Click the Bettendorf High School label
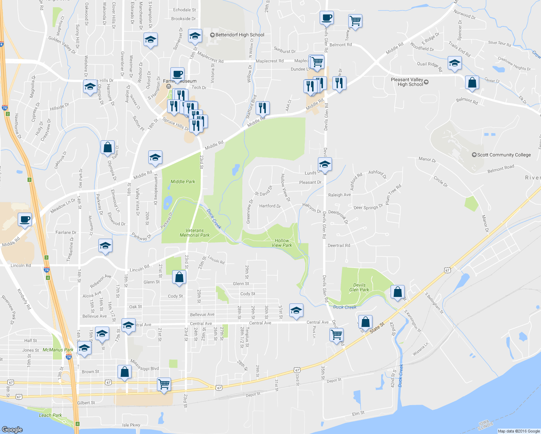[x=240, y=35]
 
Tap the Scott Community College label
[x=504, y=155]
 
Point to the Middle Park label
[x=183, y=182]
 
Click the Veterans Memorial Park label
[x=195, y=233]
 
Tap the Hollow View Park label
[x=282, y=243]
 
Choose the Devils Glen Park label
[x=359, y=287]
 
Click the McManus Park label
[x=58, y=350]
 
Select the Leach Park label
[x=51, y=415]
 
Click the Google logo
[x=12, y=429]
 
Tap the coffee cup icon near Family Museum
[x=177, y=74]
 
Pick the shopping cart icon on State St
[x=336, y=335]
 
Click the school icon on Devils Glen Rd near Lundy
[x=325, y=164]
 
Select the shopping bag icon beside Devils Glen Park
[x=397, y=292]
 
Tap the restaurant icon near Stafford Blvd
[x=263, y=107]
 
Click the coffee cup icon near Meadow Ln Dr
[x=25, y=219]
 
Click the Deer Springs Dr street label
[x=368, y=207]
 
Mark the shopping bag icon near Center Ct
[x=472, y=82]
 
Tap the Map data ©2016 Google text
[x=519, y=431]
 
